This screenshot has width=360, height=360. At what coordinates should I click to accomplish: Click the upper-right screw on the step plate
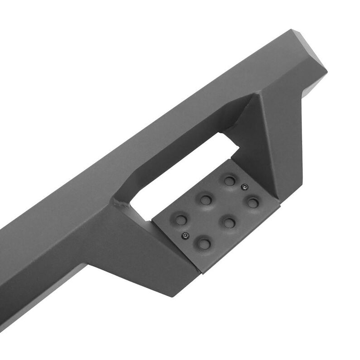[244, 186]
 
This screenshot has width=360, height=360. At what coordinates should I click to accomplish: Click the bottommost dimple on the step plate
[204, 244]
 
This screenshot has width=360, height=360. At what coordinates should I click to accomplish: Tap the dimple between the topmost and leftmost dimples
[206, 199]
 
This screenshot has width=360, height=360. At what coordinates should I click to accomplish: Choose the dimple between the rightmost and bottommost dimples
[228, 222]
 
